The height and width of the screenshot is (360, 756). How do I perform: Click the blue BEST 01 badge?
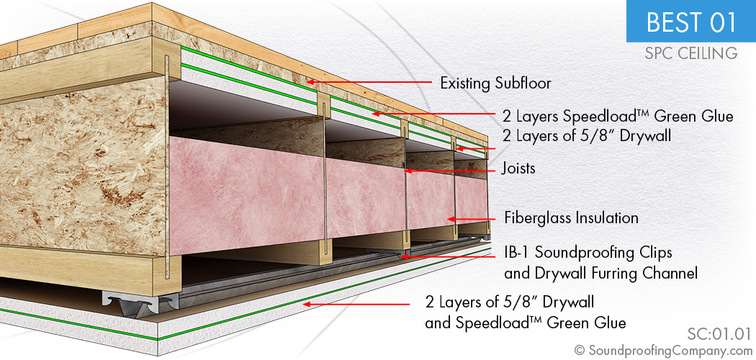point(691,21)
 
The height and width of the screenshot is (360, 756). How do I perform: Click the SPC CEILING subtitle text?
point(691,53)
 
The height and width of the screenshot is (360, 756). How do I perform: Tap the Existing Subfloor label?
point(495,84)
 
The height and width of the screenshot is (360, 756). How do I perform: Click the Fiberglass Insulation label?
point(572,218)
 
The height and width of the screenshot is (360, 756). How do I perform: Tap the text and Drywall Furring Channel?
point(600,274)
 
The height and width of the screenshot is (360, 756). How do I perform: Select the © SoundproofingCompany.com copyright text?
point(663,351)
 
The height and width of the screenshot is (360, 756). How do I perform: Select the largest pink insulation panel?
point(247,196)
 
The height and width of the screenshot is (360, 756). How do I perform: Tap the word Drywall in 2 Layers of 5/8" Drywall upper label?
point(644,136)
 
